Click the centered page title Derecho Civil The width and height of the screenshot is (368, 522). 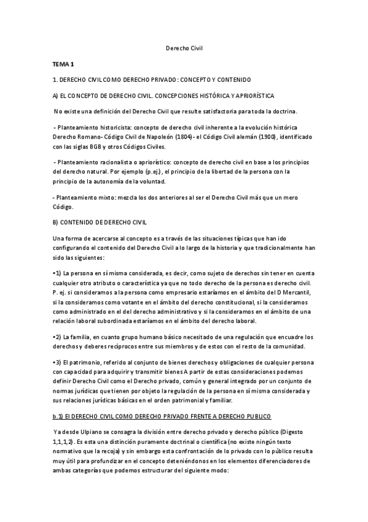[184, 48]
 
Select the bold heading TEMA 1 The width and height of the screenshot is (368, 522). [63, 64]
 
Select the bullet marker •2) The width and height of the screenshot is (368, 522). [57, 337]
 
